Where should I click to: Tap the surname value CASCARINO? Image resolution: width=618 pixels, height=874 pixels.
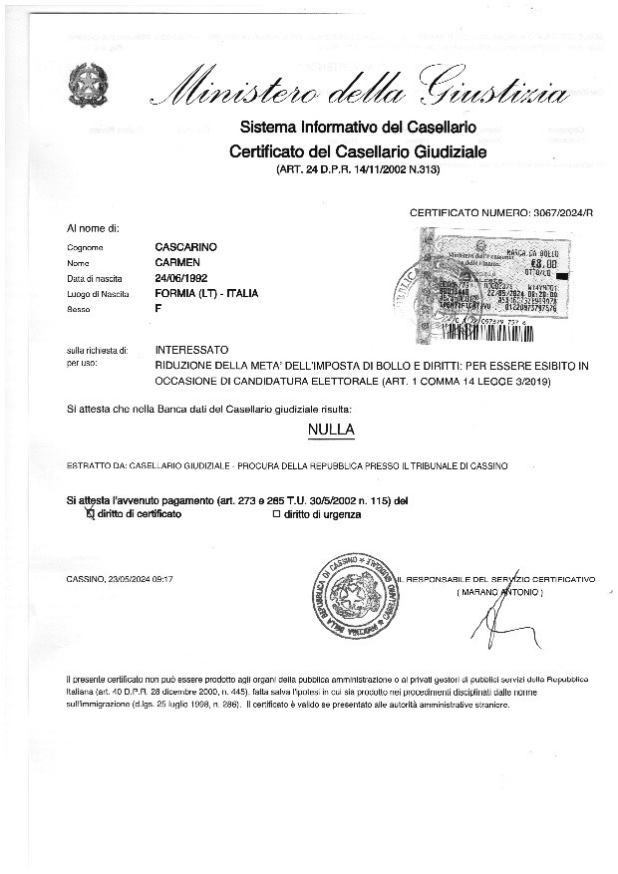[x=187, y=246]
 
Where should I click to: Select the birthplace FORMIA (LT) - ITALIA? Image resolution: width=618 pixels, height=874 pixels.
[x=207, y=294]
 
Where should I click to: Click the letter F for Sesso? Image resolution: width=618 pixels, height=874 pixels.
[x=158, y=310]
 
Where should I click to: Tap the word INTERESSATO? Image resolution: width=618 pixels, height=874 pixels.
[x=192, y=351]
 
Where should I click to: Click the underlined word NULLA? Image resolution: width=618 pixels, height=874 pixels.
[x=332, y=431]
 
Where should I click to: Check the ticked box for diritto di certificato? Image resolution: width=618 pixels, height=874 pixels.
[x=90, y=514]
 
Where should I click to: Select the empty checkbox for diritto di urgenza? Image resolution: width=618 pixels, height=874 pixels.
[x=277, y=514]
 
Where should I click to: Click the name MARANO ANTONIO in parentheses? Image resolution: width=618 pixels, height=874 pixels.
[x=499, y=592]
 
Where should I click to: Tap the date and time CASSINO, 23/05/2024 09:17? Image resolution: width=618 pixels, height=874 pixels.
[x=120, y=579]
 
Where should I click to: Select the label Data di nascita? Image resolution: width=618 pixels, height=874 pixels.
[x=97, y=278]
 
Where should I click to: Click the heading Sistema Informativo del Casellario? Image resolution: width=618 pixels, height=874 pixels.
[x=358, y=128]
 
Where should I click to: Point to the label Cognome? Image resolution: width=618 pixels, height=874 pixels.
[x=87, y=247]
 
